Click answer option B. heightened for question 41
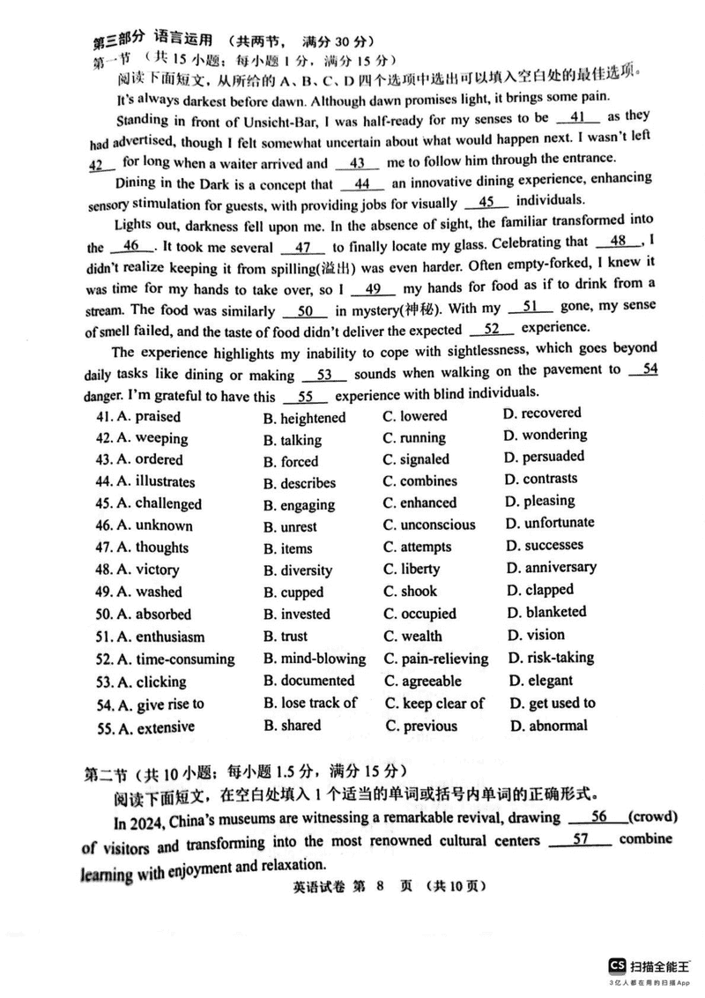coord(304,418)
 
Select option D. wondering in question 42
coord(545,435)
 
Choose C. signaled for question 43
coord(416,459)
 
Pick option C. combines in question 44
coord(419,481)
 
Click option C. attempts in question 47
coord(419,547)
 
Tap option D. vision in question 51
coord(534,635)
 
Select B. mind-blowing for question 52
coord(314,659)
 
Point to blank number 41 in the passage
coord(578,117)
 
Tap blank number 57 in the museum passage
coord(580,840)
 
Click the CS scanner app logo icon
coord(618,964)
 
